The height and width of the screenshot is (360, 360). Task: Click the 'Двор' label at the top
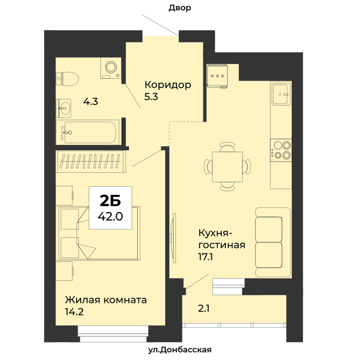click(x=180, y=8)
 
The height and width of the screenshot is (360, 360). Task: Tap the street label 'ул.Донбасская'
click(x=180, y=350)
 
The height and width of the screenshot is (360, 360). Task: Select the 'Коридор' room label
click(x=168, y=85)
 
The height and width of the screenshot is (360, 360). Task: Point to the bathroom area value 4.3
click(x=91, y=101)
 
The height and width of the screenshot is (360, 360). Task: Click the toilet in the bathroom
click(x=67, y=79)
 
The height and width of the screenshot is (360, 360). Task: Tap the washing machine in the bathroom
click(x=111, y=68)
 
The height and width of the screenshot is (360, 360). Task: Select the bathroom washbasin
click(x=64, y=108)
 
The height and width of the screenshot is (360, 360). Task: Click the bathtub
click(x=87, y=133)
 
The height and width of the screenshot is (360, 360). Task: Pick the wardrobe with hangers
click(x=91, y=161)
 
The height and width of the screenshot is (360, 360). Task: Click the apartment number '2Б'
click(x=111, y=201)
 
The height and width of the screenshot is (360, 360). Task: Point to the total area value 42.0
click(x=111, y=217)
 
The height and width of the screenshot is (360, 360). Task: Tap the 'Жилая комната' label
click(x=106, y=300)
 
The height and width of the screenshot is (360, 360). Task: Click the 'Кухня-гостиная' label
click(x=222, y=239)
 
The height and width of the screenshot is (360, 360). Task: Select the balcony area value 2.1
click(x=204, y=309)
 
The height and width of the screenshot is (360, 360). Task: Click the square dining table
click(x=227, y=167)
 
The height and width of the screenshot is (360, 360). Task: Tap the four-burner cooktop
click(x=281, y=150)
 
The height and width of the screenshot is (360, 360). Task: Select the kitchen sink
click(x=281, y=94)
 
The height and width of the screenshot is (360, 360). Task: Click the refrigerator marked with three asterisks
click(x=217, y=76)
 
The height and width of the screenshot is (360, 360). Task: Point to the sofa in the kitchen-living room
click(x=273, y=242)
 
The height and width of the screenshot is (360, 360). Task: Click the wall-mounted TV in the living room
click(x=174, y=238)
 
